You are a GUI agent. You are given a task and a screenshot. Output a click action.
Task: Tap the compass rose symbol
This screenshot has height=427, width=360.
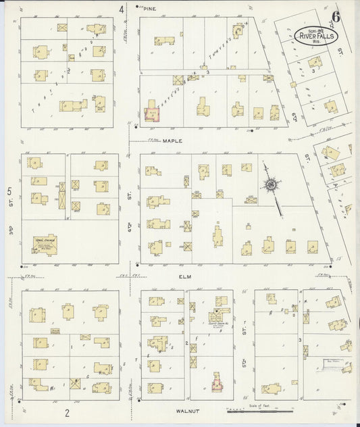pos(272,183)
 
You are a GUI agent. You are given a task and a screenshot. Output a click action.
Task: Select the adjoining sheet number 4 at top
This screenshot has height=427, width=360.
pos(122,9)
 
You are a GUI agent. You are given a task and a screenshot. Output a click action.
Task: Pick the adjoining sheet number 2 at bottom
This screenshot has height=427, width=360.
pos(68,411)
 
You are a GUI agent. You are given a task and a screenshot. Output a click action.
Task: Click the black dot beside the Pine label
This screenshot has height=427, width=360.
pos(138,8)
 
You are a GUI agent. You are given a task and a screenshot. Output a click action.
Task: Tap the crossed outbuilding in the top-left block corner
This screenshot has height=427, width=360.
pos(62,28)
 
